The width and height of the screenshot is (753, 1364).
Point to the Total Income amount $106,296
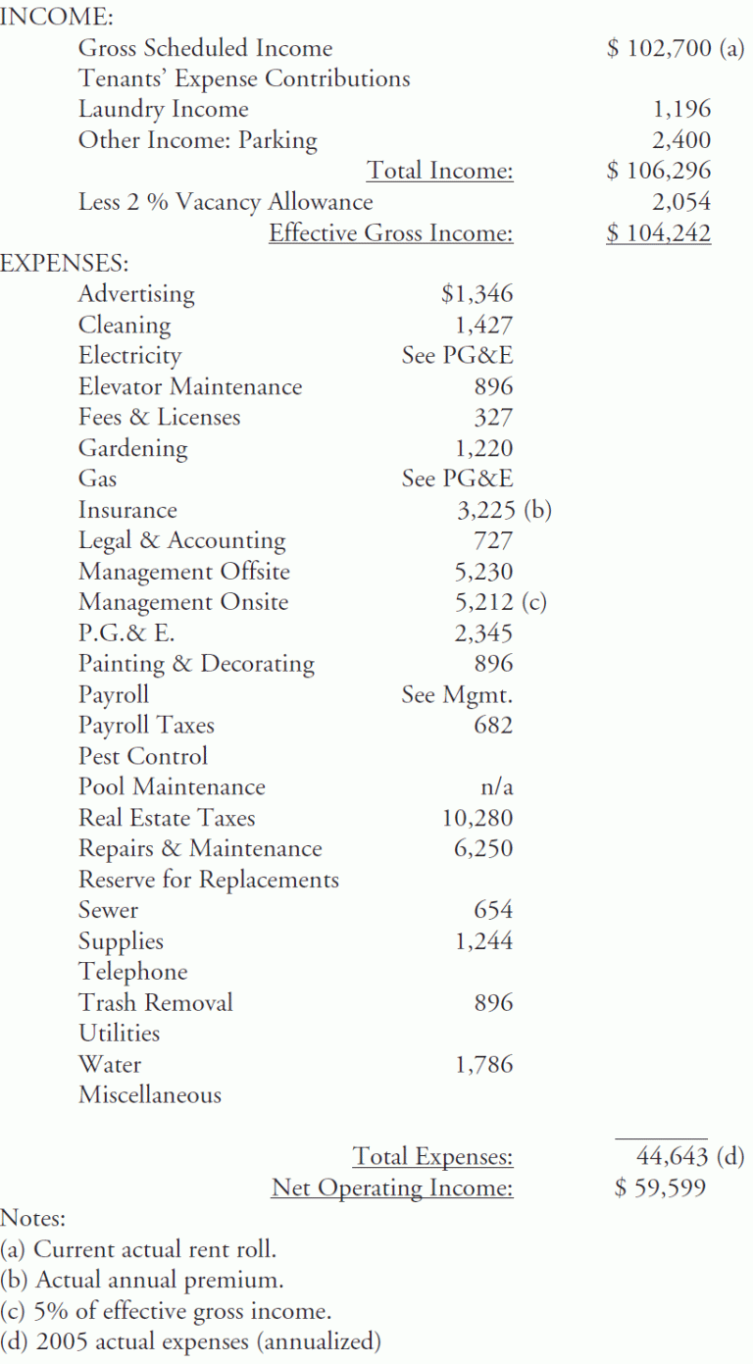[659, 171]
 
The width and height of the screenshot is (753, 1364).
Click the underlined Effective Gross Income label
[391, 233]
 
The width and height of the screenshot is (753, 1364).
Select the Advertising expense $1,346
[477, 293]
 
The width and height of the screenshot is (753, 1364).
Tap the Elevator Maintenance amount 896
[493, 386]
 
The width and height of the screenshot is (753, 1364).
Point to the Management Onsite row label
[183, 602]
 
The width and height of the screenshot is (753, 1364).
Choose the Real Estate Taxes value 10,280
[477, 818]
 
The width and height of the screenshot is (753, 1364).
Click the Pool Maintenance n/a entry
[493, 787]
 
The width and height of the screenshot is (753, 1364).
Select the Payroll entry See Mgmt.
[457, 695]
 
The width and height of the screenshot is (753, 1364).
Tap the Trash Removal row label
[156, 1003]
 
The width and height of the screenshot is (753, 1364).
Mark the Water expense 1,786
[483, 1065]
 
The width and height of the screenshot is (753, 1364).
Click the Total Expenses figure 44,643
[672, 1157]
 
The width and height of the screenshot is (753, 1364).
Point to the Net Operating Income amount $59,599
[659, 1188]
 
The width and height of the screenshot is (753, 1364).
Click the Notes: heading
[33, 1219]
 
